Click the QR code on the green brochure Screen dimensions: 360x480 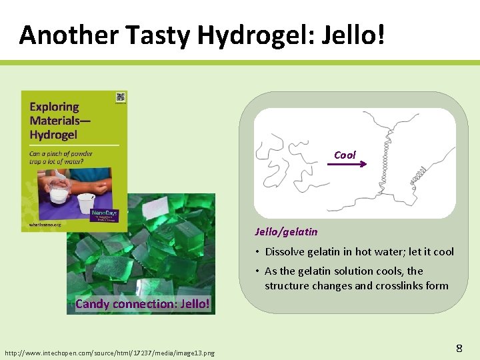(x=120, y=97)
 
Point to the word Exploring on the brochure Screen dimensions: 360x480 (x=54, y=107)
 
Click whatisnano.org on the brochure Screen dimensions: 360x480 (x=45, y=225)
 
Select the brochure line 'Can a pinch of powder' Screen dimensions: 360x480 (x=61, y=153)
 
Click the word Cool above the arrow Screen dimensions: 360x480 (x=345, y=155)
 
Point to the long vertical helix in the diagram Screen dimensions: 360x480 (x=385, y=167)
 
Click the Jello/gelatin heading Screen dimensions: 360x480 (x=286, y=232)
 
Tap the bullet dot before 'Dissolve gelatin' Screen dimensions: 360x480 (x=257, y=252)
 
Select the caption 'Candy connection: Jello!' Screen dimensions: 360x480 (x=143, y=304)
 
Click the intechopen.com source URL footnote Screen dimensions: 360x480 (x=109, y=352)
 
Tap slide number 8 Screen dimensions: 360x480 (x=459, y=347)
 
